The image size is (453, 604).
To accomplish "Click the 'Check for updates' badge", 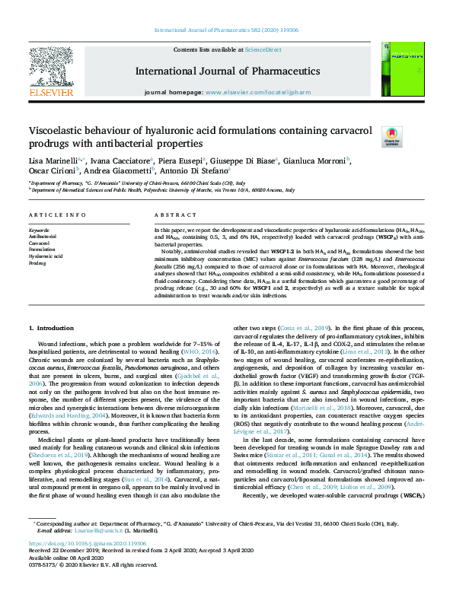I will point(391,136).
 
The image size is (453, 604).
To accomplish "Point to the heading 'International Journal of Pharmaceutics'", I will point(227,72).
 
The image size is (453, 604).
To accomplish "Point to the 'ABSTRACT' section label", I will point(170,216).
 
